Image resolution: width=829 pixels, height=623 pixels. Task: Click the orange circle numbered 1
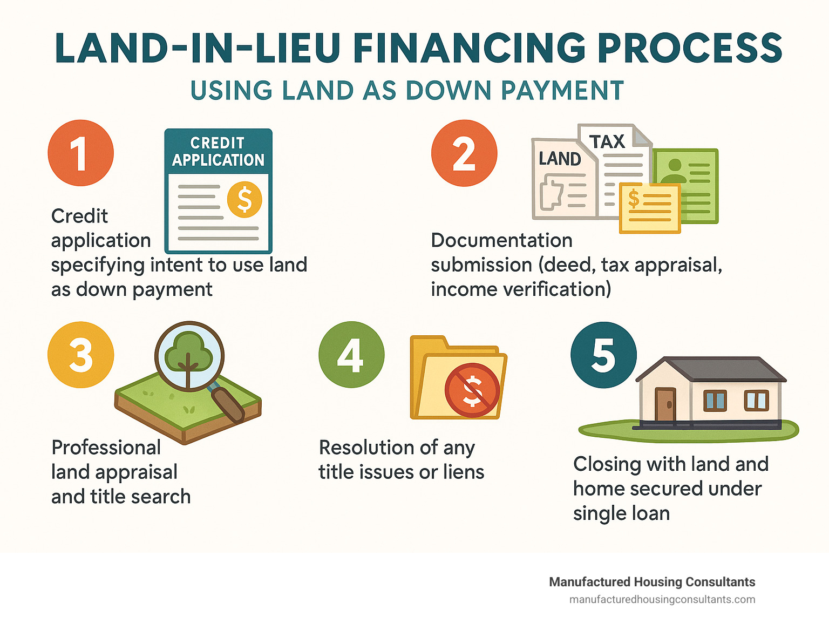80,153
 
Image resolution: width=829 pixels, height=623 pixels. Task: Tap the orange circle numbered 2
464,153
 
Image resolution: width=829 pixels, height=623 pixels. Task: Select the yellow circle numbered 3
80,355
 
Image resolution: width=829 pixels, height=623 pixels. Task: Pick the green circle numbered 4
351,355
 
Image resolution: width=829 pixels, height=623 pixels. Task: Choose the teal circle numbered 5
603,355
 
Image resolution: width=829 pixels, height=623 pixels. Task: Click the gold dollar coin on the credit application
244,199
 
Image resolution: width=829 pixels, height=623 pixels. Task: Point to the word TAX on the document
607,142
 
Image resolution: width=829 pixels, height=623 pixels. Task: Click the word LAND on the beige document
560,159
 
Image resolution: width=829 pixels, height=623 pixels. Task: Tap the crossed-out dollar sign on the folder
472,390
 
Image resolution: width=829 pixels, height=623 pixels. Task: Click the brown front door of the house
665,404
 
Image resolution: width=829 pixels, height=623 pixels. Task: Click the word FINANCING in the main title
469,49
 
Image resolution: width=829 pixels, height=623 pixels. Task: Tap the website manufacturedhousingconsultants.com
662,599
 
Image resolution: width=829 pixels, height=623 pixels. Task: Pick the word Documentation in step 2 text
501,240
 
